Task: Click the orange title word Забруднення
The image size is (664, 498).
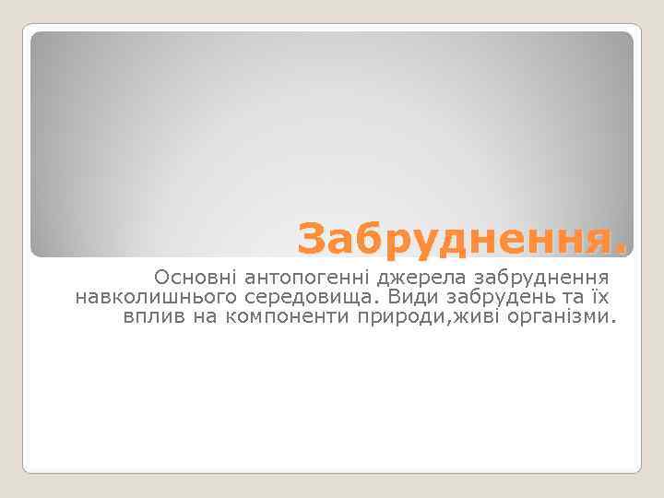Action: pos(456,240)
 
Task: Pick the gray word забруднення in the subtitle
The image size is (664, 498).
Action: pos(539,277)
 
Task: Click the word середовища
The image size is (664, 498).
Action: pos(312,297)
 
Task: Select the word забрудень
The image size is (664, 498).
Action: pos(493,297)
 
